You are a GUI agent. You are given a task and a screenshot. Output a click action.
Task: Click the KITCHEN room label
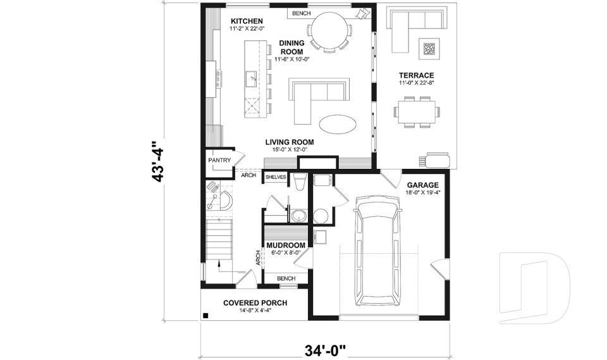[x=247, y=22]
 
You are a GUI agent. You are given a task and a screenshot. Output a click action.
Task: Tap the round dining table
[x=328, y=29]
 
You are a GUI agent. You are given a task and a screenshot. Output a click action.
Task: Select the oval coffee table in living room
[x=337, y=124]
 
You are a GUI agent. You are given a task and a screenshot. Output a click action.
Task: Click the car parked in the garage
[x=378, y=251]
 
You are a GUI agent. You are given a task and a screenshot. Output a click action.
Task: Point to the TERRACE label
[x=415, y=75]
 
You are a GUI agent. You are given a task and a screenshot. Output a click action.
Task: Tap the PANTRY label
[x=219, y=161]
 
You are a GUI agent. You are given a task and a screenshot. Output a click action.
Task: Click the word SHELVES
[x=276, y=177]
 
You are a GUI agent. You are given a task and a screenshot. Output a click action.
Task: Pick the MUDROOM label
[x=286, y=245]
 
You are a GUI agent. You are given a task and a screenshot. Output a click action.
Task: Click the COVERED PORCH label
[x=255, y=303]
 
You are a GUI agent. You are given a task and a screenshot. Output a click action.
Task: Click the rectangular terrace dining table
[x=416, y=113]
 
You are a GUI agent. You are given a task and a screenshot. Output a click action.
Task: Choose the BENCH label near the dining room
[x=301, y=13]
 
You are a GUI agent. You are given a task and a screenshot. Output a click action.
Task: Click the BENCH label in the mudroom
[x=286, y=278]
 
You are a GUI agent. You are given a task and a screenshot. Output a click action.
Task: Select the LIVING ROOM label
[x=286, y=141]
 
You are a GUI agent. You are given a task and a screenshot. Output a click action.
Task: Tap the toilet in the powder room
[x=301, y=183]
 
